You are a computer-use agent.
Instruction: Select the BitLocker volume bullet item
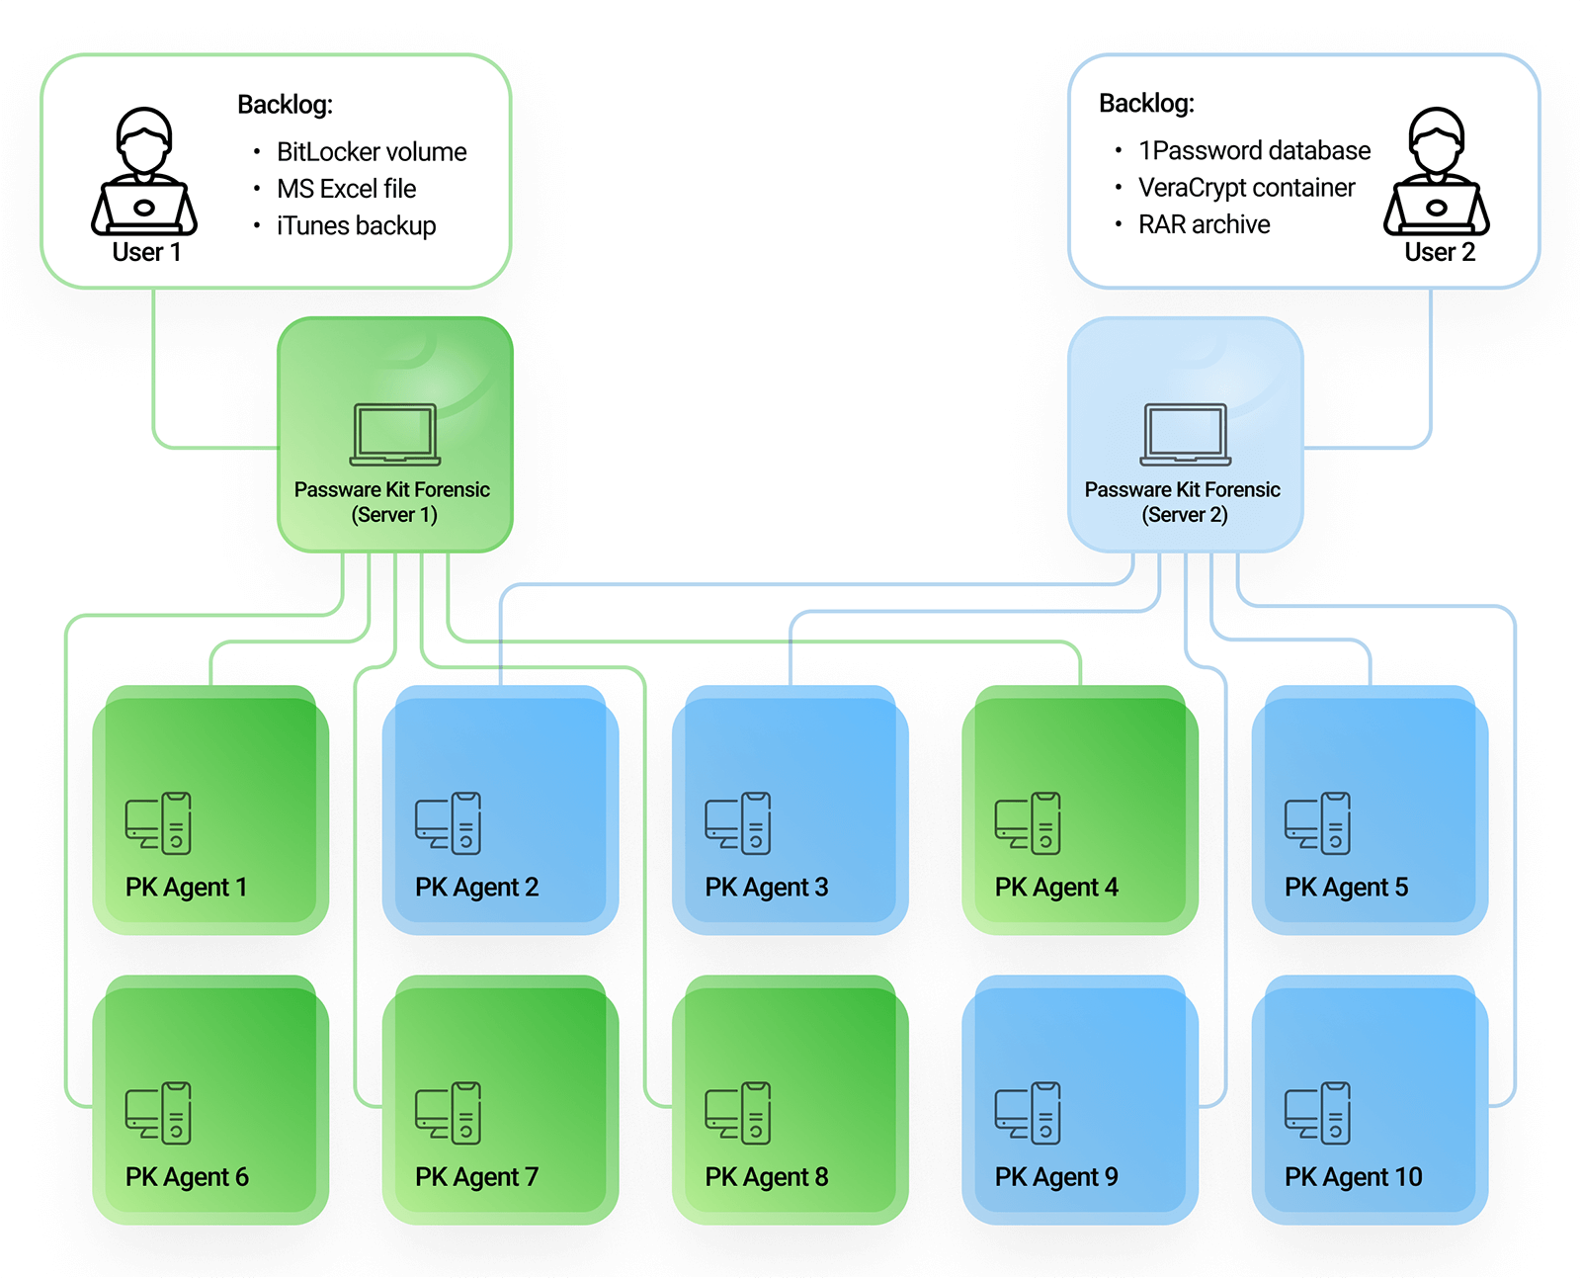[371, 152]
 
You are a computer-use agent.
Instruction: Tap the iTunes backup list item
[356, 226]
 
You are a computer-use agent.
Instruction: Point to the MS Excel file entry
[346, 189]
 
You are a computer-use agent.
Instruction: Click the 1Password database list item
[1254, 151]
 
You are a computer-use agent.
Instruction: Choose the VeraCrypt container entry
[1246, 188]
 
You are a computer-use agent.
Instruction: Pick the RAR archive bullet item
[1204, 224]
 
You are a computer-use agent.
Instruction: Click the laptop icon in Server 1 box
[395, 434]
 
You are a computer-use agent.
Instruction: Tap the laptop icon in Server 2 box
[1186, 434]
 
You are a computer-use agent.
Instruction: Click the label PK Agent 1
[186, 888]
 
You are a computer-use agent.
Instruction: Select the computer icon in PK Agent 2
[448, 822]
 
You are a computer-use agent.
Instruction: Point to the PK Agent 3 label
[766, 888]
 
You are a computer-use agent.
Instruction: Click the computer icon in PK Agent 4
[1028, 822]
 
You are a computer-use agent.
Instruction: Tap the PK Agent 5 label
[1346, 888]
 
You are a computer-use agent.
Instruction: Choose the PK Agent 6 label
[187, 1177]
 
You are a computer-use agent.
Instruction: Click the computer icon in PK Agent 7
[448, 1113]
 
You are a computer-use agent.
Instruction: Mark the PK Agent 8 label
[766, 1177]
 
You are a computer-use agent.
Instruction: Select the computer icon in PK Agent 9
[1028, 1113]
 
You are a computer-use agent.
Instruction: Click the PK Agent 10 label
[1353, 1177]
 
